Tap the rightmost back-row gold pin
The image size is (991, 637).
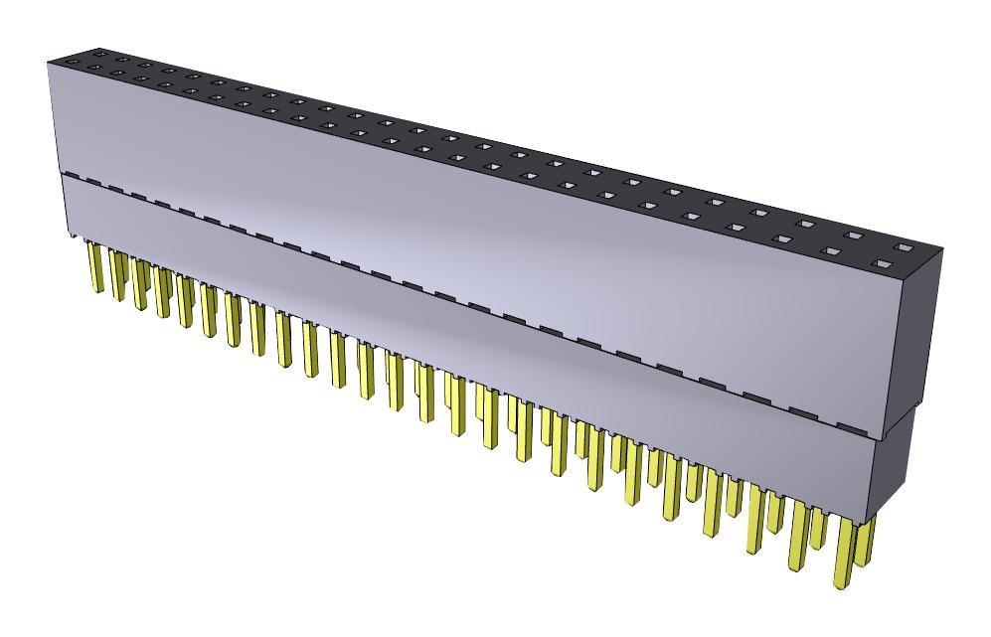(866, 537)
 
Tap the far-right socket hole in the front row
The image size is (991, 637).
(879, 264)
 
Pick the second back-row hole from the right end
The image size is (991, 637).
(853, 236)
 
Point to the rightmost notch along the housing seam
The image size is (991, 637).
(851, 428)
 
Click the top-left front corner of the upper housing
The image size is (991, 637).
(48, 63)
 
